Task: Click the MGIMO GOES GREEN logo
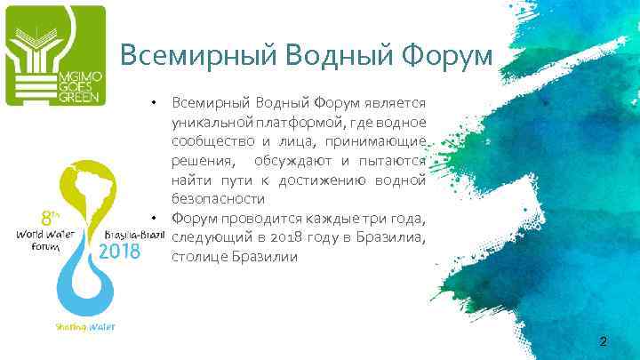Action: click(55, 55)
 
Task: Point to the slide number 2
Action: click(604, 342)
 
